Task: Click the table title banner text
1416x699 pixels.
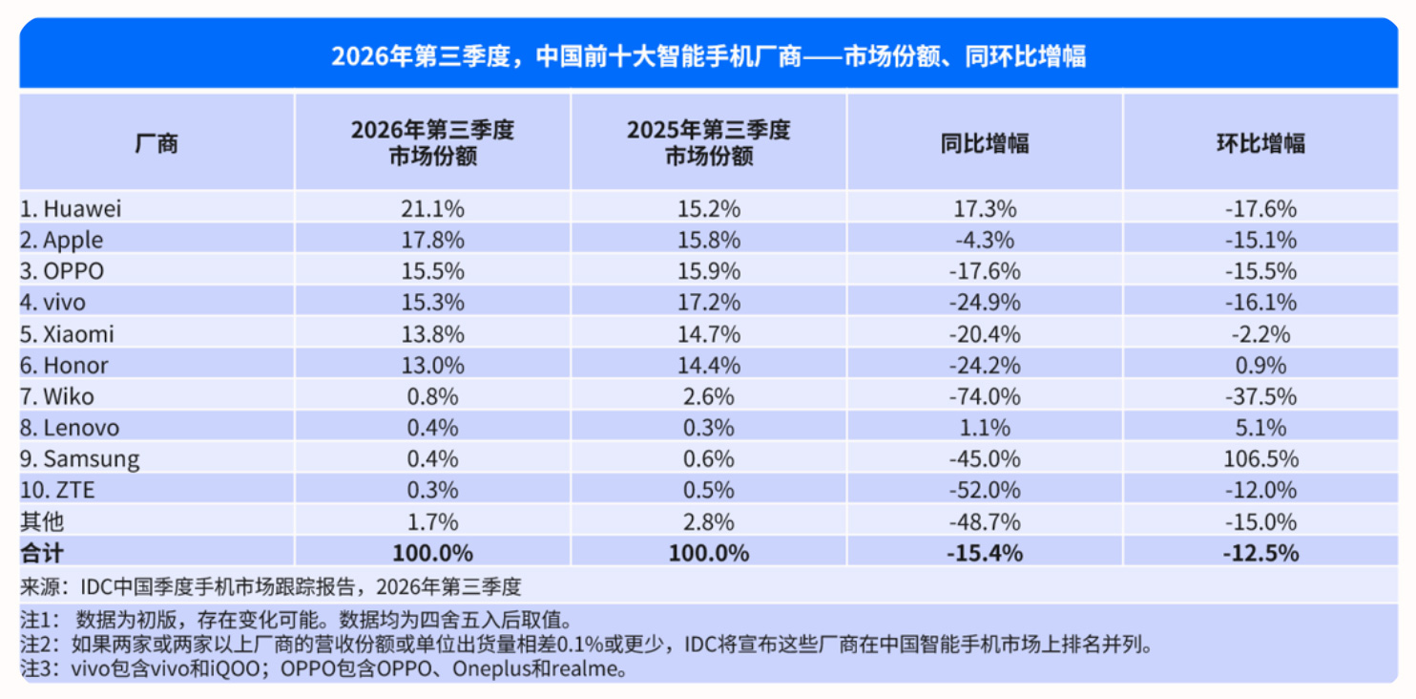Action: pyautogui.click(x=709, y=56)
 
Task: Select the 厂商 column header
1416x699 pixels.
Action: pyautogui.click(x=156, y=143)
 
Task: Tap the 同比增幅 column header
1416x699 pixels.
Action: pyautogui.click(x=985, y=143)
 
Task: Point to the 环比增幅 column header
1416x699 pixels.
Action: pyautogui.click(x=1260, y=143)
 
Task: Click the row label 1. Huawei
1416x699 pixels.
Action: pyautogui.click(x=71, y=209)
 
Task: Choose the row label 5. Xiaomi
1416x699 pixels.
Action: pyautogui.click(x=67, y=334)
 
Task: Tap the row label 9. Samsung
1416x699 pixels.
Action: pyautogui.click(x=79, y=459)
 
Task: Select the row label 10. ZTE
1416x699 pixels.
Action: pyautogui.click(x=57, y=490)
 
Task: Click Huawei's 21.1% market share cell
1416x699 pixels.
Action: pyautogui.click(x=432, y=209)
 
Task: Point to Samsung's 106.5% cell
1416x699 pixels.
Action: pyautogui.click(x=1260, y=458)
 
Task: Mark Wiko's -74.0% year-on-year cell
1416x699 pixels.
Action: pyautogui.click(x=985, y=396)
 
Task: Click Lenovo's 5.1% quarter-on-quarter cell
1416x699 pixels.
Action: pyautogui.click(x=1260, y=428)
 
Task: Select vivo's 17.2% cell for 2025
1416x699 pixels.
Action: pyautogui.click(x=709, y=303)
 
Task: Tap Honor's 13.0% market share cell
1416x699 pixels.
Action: pyautogui.click(x=432, y=365)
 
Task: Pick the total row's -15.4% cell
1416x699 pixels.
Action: pyautogui.click(x=985, y=554)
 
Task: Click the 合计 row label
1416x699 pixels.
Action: pyautogui.click(x=42, y=554)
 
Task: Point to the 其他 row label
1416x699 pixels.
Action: pyautogui.click(x=42, y=522)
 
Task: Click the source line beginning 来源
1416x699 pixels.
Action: pyautogui.click(x=271, y=587)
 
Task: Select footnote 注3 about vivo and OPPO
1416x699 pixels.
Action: pyautogui.click(x=323, y=668)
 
